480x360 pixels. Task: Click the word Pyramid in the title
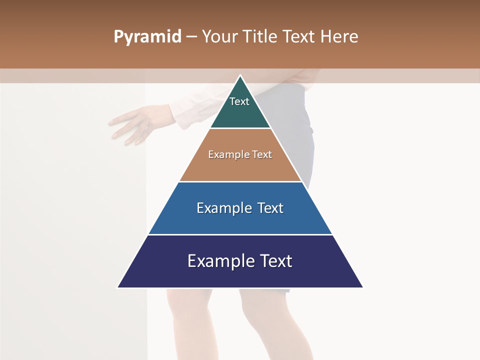click(147, 37)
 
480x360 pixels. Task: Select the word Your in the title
click(219, 36)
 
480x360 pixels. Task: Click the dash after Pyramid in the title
click(191, 37)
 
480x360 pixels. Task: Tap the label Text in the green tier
click(239, 101)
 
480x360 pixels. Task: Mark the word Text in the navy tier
click(275, 261)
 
